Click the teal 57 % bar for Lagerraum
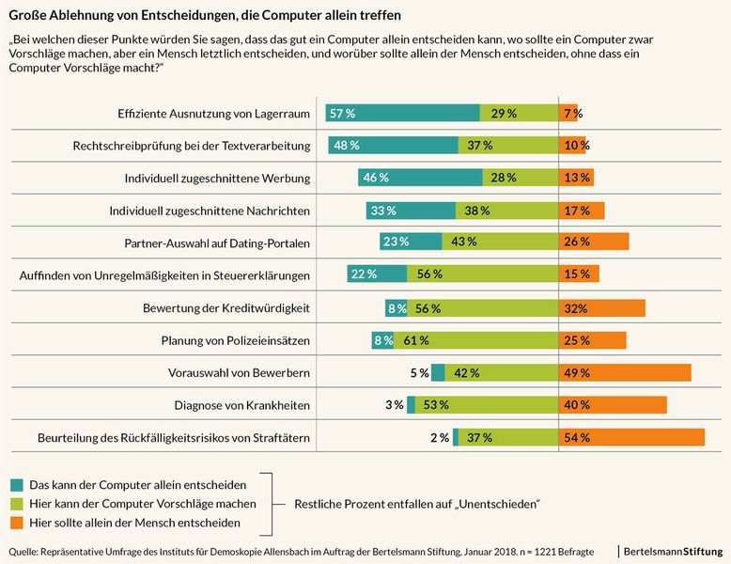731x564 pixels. click(401, 113)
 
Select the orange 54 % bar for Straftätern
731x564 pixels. click(631, 437)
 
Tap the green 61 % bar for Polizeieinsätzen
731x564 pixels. click(475, 340)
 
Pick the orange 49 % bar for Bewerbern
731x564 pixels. click(625, 373)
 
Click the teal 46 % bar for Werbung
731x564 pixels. click(419, 178)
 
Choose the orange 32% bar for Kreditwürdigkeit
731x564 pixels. click(601, 307)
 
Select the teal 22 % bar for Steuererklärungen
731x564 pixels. click(366, 274)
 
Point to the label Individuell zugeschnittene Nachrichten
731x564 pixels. click(210, 211)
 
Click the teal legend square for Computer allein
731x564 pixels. click(16, 485)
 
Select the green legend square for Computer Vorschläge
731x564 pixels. click(16, 504)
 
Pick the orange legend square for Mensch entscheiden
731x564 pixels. click(16, 522)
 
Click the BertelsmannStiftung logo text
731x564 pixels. click(673, 550)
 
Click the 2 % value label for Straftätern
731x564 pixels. click(439, 438)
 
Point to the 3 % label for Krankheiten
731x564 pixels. click(394, 405)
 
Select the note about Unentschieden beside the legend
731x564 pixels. click(416, 504)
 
